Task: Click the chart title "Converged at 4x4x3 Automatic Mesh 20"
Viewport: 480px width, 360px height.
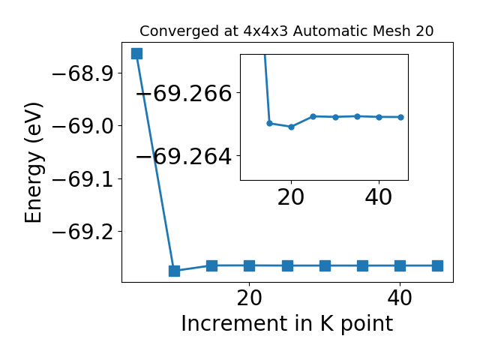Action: (x=286, y=31)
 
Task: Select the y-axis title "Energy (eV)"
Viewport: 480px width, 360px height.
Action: (x=33, y=163)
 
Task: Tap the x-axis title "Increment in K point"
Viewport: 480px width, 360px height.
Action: (x=287, y=324)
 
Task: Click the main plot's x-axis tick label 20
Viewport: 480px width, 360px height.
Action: (x=250, y=298)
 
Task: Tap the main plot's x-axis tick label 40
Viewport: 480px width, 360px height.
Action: (x=400, y=298)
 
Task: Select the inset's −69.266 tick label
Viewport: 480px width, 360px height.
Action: (x=184, y=93)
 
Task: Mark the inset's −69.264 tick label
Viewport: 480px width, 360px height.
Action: (x=184, y=157)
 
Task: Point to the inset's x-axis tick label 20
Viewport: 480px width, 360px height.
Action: (x=291, y=197)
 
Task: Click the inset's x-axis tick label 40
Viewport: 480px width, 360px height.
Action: (x=379, y=197)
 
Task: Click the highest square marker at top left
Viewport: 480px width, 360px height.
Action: (x=136, y=53)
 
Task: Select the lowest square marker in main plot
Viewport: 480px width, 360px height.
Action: (x=175, y=271)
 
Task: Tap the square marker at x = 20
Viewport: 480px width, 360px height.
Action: (x=250, y=265)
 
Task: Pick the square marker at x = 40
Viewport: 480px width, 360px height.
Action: (x=400, y=265)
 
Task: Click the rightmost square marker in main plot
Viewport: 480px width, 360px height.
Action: (x=438, y=265)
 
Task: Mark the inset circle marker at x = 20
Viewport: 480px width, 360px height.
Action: (x=292, y=127)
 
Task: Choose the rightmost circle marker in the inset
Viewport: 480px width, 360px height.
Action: (x=401, y=117)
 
